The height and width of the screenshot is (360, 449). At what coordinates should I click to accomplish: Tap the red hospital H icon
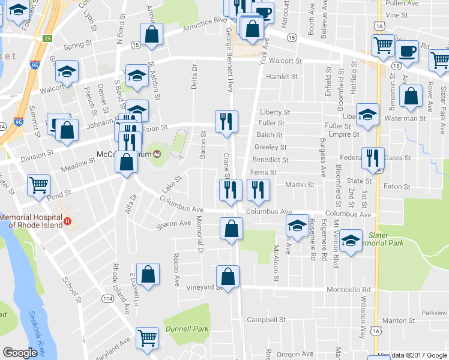(x=68, y=221)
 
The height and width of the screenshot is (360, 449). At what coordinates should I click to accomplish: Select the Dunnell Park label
(x=188, y=329)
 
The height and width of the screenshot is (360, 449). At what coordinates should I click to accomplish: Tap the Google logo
(x=20, y=353)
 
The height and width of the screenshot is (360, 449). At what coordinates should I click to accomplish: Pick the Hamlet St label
(x=282, y=77)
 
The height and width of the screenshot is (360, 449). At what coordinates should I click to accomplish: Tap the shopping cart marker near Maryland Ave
(x=147, y=338)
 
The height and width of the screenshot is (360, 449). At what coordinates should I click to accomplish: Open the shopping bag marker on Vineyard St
(x=228, y=277)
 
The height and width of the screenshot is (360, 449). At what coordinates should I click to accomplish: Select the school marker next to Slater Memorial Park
(x=351, y=241)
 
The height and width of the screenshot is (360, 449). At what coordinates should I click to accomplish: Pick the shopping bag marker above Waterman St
(x=411, y=96)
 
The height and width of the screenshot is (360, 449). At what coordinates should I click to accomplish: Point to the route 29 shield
(x=47, y=38)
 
